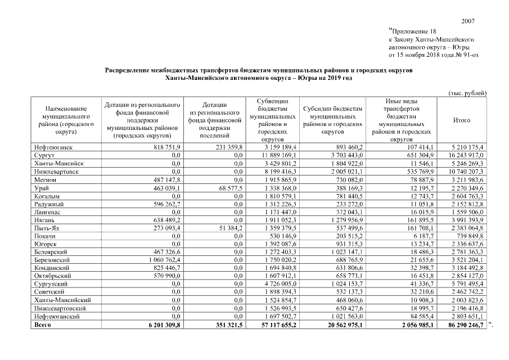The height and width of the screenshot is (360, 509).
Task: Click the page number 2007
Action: (468, 21)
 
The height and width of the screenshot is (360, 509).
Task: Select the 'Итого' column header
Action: (461, 120)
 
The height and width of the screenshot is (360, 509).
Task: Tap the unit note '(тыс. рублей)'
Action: (467, 92)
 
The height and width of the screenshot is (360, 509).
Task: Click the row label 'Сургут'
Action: (44, 154)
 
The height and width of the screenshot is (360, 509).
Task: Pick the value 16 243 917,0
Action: (465, 154)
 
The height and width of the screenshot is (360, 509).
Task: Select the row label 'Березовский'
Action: (52, 260)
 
